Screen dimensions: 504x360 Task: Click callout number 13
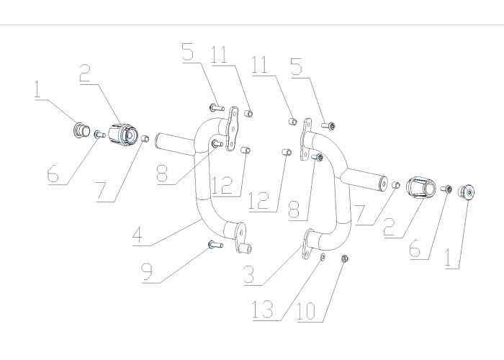[x=262, y=310]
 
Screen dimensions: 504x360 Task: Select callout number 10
[x=306, y=311]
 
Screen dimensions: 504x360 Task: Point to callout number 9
[x=147, y=272]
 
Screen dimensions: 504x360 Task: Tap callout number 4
[x=138, y=235]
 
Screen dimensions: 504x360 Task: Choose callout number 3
[x=249, y=274]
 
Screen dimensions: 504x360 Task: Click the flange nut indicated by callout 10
[x=344, y=258]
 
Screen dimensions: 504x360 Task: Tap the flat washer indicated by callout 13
[x=323, y=256]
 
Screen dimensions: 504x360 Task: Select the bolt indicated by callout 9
[x=216, y=245]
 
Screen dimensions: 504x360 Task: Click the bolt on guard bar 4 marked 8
[x=217, y=143]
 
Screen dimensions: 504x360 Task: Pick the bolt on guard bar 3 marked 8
[x=317, y=157]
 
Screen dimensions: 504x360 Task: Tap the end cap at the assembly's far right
[x=466, y=192]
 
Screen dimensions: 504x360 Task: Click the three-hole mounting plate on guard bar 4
[x=233, y=129]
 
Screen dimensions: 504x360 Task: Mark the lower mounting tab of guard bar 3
[x=307, y=244]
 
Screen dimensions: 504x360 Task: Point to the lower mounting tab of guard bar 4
[x=241, y=237]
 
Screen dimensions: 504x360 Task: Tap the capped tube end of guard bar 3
[x=383, y=183]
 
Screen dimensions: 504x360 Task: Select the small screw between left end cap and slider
[x=99, y=135]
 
